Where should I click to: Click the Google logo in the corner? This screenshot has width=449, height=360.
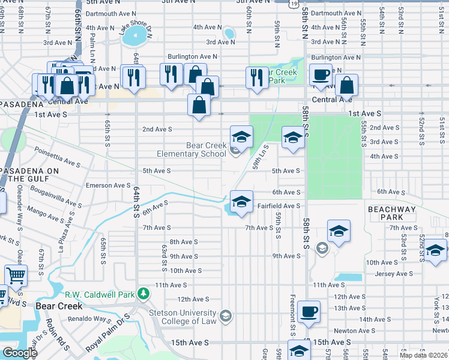click(19, 353)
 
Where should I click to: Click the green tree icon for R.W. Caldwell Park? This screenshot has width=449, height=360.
click(143, 293)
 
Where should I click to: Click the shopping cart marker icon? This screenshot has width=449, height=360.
click(16, 276)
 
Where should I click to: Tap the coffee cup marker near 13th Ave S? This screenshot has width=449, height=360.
click(309, 312)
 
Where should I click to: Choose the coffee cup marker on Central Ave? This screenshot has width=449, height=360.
click(321, 75)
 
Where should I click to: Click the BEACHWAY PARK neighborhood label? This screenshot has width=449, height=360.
click(392, 212)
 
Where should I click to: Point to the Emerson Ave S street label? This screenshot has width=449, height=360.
click(108, 185)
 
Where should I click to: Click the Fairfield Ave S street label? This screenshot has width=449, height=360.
click(279, 206)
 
